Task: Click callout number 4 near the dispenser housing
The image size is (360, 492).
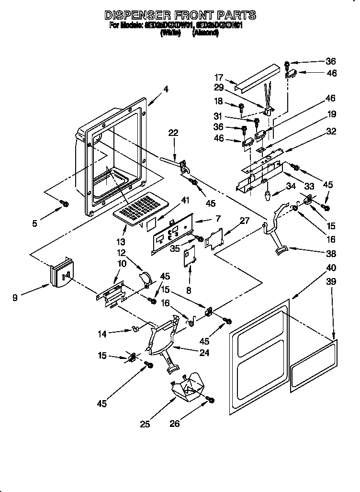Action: tap(166, 89)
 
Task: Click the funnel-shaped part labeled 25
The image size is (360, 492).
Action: tap(188, 388)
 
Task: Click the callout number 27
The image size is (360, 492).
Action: tap(244, 222)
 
